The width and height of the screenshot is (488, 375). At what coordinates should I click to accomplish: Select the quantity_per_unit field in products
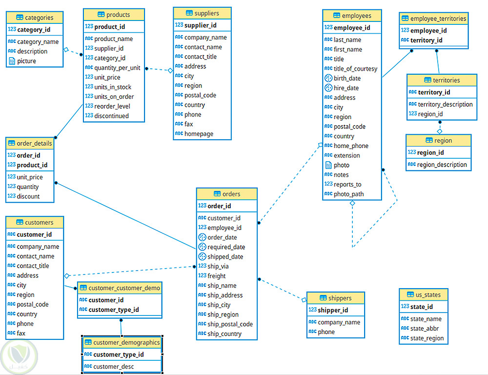pos(117,68)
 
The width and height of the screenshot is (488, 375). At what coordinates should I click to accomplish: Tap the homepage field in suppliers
pos(199,134)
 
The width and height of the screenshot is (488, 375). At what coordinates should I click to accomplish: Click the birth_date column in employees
pos(347,78)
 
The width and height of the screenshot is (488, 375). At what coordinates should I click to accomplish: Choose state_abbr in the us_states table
pos(426,329)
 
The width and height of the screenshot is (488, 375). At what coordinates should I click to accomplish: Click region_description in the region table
pos(442,165)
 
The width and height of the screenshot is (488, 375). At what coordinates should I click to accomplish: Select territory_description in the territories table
pos(445,104)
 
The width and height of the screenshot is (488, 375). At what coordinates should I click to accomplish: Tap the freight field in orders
pos(217,276)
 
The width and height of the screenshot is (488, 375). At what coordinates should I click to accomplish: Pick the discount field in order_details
pos(28,196)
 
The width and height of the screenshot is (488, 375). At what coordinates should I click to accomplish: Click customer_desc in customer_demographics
pos(113,366)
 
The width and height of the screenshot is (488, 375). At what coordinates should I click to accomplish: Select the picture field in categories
pos(26,61)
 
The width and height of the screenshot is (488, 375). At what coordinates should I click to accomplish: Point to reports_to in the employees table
pos(347,184)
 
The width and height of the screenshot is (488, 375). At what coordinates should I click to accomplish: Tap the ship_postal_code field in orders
pos(230,324)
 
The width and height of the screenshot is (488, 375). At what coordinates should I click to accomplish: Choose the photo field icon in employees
pos(328,165)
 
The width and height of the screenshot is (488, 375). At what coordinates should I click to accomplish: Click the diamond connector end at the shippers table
pos(304,299)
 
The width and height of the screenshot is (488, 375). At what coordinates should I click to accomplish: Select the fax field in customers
pos(21,333)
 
